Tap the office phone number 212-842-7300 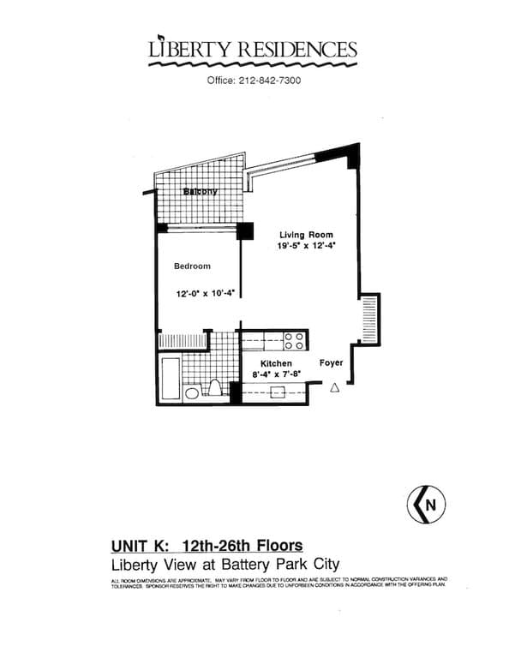[254, 81]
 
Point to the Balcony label [200, 191]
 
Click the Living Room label [306, 235]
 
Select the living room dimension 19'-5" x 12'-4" [306, 246]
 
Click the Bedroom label [192, 266]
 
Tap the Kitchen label [264, 364]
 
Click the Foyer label [331, 363]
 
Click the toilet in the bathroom [215, 391]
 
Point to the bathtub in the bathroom [171, 380]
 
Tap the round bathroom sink [193, 393]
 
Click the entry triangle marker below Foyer [334, 387]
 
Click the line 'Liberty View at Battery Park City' [225, 565]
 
